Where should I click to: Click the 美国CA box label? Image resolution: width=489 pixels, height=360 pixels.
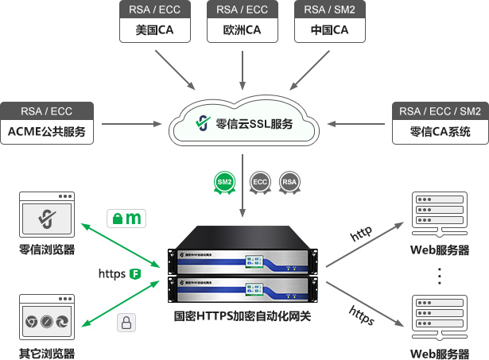pyautogui.click(x=156, y=32)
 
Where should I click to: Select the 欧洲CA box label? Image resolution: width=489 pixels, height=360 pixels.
pyautogui.click(x=243, y=32)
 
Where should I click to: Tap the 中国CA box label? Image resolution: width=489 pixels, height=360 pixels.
pyautogui.click(x=331, y=32)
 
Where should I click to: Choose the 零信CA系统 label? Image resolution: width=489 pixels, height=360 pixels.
pyautogui.click(x=440, y=131)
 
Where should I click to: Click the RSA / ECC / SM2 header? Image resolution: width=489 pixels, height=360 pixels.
pyautogui.click(x=440, y=111)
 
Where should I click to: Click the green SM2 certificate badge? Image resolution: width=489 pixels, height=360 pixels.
pyautogui.click(x=224, y=182)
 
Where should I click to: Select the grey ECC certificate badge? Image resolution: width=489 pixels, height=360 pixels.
pyautogui.click(x=259, y=182)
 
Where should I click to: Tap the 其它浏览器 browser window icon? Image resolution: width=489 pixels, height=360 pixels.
pyautogui.click(x=47, y=319)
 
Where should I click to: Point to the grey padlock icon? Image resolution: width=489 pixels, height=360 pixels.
pyautogui.click(x=126, y=322)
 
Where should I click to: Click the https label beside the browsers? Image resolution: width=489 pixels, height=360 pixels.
pyautogui.click(x=112, y=274)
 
